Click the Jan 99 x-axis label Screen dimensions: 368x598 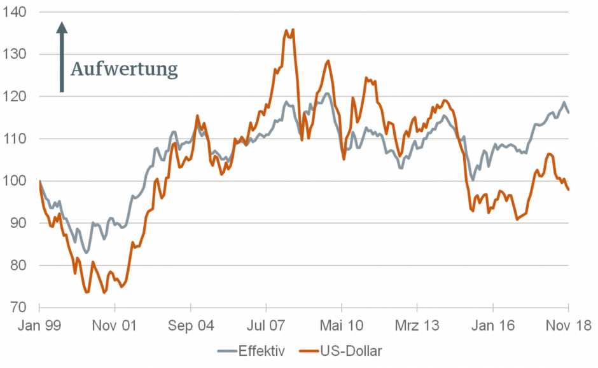(x=39, y=325)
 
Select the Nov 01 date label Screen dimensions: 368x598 (x=115, y=325)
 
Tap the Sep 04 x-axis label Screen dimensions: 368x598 (x=190, y=325)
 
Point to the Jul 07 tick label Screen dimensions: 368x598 (x=266, y=325)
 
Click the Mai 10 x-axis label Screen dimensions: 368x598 (x=342, y=325)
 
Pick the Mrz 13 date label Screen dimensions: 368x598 (x=417, y=325)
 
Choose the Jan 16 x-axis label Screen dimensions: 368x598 (x=492, y=325)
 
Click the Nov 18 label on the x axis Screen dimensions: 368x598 (x=568, y=325)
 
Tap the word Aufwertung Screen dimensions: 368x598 (x=123, y=69)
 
